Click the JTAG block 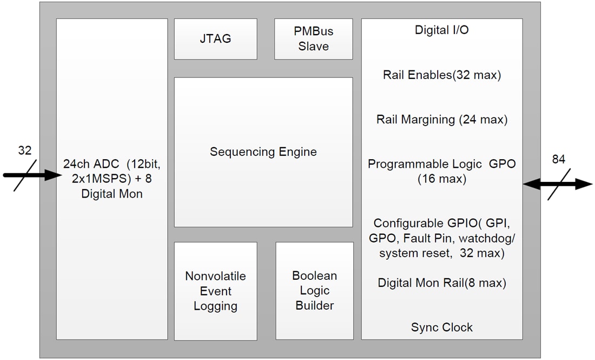[x=215, y=39]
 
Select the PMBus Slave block [x=313, y=39]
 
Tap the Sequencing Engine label [x=263, y=152]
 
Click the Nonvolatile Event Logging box [x=215, y=291]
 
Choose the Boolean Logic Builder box [x=314, y=291]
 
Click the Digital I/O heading [x=441, y=30]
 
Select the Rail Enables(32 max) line [x=441, y=75]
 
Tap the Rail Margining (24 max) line [x=441, y=120]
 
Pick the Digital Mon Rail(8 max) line [x=441, y=283]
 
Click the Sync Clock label [x=441, y=327]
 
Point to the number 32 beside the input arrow [x=25, y=151]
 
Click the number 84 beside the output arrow [x=559, y=159]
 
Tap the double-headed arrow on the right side [x=557, y=184]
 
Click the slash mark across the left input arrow [x=24, y=175]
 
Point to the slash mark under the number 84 [x=559, y=184]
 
